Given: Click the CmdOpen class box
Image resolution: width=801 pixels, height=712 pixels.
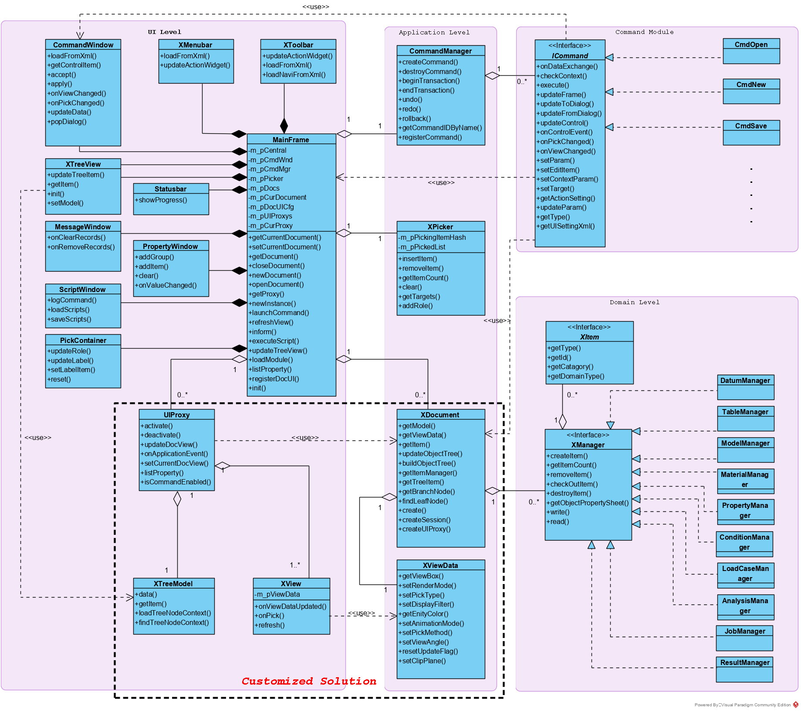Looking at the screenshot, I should point(751,51).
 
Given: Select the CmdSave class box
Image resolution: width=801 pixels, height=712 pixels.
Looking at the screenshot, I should point(751,132).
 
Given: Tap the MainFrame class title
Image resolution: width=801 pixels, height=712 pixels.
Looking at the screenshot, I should point(291,140).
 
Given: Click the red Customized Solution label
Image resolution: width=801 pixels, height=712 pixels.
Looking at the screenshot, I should point(309,681).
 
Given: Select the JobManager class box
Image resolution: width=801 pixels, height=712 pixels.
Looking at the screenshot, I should point(744,638).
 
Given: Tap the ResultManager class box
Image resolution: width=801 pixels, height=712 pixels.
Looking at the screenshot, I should point(744,669).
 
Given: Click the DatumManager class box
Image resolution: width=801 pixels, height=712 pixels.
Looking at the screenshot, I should point(745,387).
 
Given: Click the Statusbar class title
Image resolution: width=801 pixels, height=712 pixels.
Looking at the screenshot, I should point(170,189).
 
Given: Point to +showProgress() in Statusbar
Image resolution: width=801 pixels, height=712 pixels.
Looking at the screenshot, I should point(161,200).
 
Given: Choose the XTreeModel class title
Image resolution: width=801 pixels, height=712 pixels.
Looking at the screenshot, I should point(173,584).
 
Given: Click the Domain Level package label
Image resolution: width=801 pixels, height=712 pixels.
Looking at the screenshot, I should point(634,302).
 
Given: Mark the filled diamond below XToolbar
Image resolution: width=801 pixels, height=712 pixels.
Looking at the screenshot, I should point(284,125).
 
